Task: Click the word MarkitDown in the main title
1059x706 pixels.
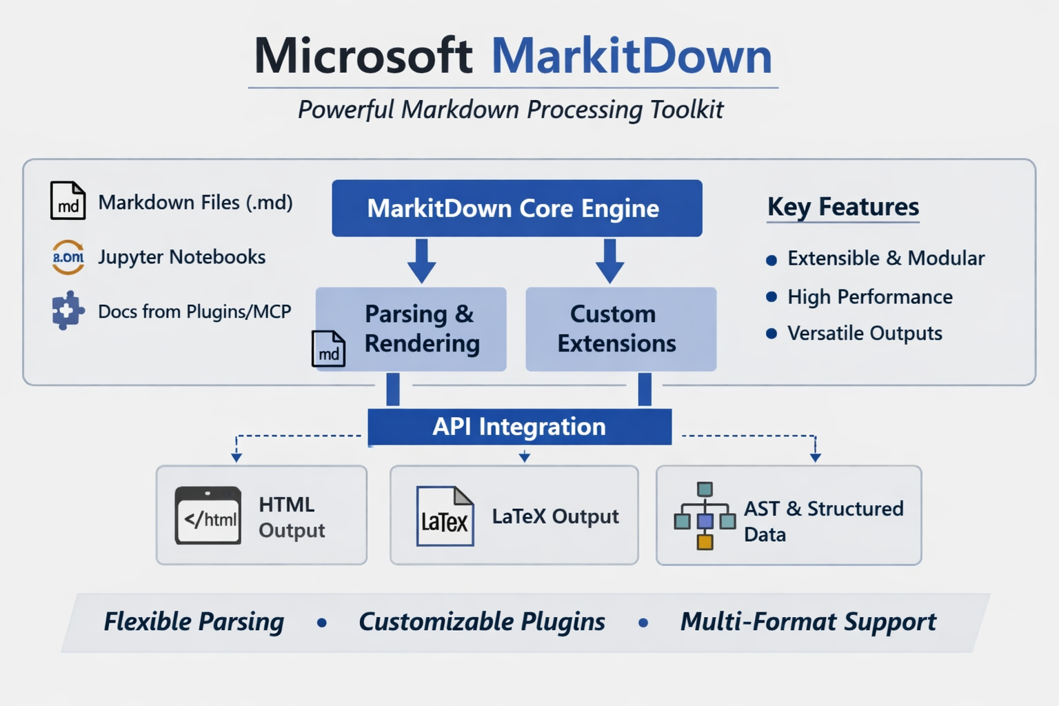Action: [631, 56]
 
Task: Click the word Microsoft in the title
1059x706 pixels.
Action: [363, 56]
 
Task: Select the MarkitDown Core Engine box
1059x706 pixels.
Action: [516, 208]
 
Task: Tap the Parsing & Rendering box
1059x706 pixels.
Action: [421, 329]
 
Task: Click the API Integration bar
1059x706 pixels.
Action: [519, 427]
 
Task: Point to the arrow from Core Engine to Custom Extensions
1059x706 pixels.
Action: [609, 261]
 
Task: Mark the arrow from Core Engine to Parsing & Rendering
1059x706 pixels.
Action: [421, 261]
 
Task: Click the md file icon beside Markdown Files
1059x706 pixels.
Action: [68, 201]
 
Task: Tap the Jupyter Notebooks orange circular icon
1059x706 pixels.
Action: [68, 257]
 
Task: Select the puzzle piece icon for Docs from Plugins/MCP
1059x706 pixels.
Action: [68, 311]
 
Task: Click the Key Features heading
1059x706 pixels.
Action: [843, 207]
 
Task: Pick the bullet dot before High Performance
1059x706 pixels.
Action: [771, 297]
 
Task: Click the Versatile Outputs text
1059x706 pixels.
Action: [864, 334]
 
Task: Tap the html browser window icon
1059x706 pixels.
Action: [208, 516]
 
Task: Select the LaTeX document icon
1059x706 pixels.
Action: [445, 516]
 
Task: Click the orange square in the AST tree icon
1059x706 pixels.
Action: [705, 542]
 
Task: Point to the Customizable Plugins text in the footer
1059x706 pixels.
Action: [481, 622]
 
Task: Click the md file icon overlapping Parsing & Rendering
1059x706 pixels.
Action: [328, 349]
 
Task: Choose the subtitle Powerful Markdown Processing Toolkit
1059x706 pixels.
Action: [510, 110]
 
